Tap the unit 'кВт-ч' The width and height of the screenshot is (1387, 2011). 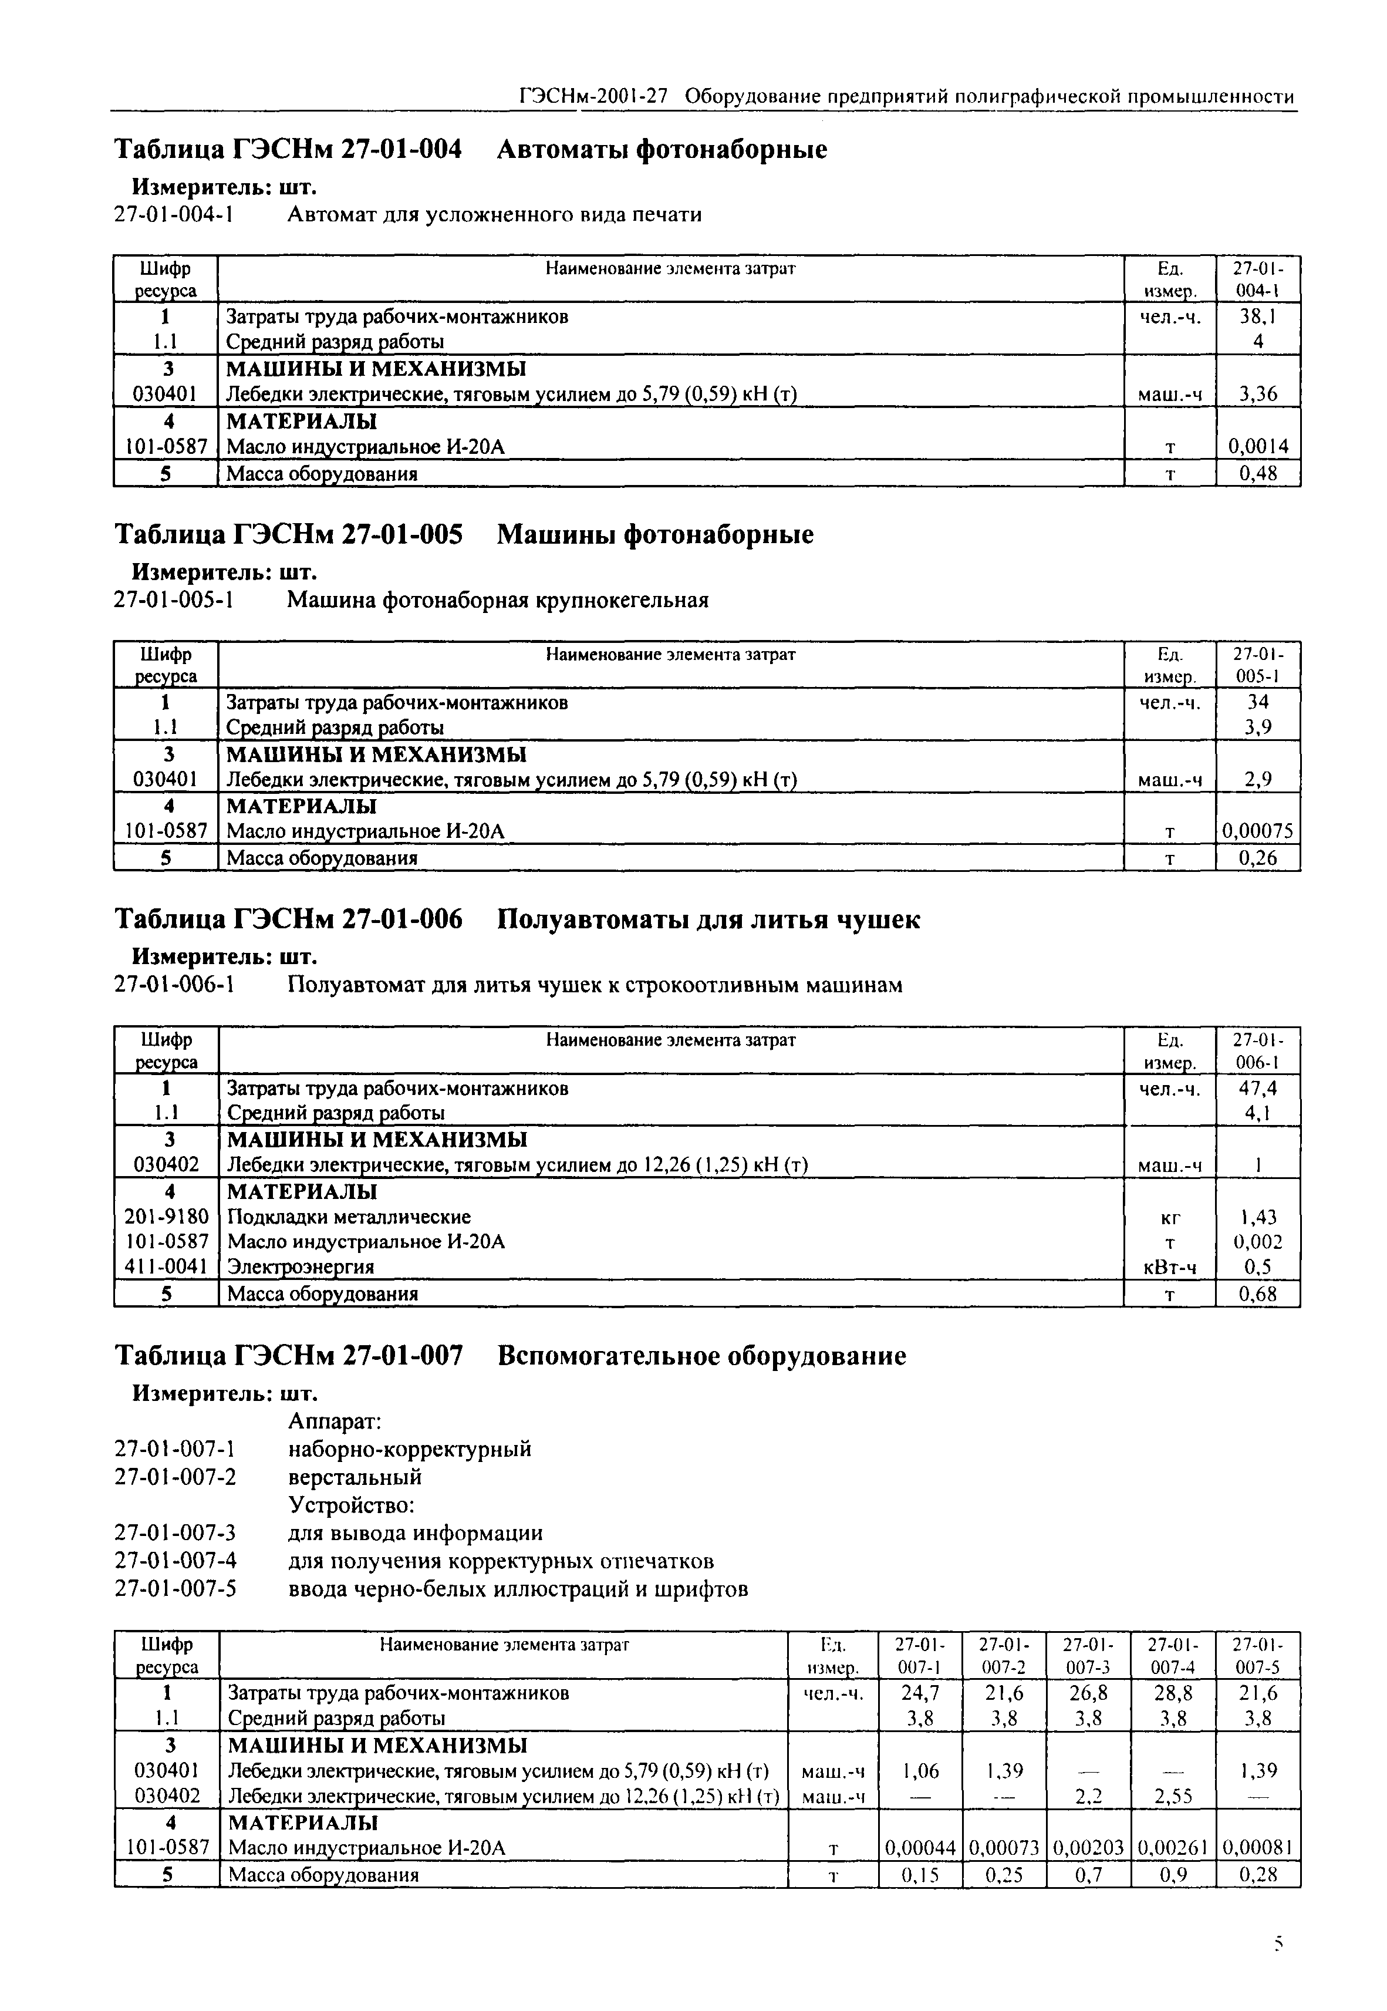(x=1170, y=1268)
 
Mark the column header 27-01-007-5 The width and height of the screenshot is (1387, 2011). (x=1257, y=1656)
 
